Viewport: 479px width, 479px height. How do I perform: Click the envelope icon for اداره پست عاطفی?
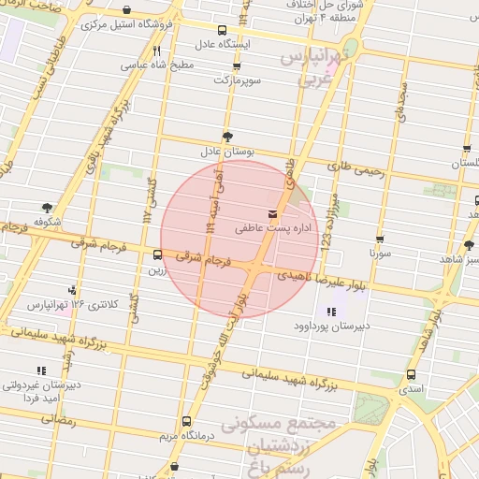point(272,213)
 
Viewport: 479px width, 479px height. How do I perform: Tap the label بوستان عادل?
point(222,151)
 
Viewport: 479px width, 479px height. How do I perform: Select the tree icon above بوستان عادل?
point(227,137)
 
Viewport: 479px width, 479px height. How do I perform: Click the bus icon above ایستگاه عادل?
point(222,31)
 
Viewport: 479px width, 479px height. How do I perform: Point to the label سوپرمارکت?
point(234,81)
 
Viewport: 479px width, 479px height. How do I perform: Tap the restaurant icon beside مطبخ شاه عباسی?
point(157,51)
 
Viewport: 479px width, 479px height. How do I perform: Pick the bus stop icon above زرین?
point(156,254)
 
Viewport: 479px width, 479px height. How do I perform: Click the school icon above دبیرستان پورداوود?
point(330,312)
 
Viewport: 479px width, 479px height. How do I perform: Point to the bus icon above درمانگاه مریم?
point(186,421)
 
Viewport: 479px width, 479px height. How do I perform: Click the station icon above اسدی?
point(412,373)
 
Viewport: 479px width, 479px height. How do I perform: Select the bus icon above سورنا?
point(379,239)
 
